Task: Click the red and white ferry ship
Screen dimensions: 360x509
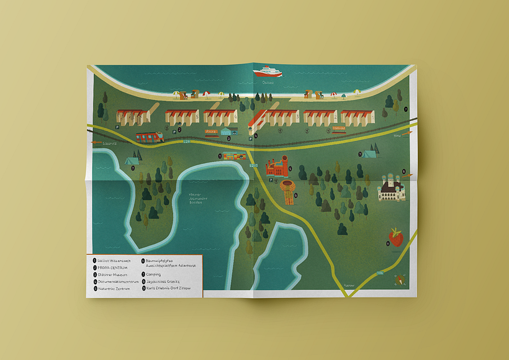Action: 268,72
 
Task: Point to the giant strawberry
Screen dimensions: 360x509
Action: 395,236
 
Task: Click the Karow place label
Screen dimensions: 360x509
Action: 349,284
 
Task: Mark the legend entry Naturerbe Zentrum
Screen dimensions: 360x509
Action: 114,289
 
